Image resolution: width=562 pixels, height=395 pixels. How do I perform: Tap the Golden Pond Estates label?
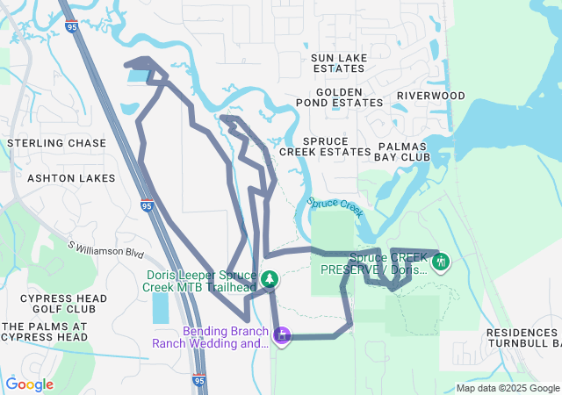pos(339,97)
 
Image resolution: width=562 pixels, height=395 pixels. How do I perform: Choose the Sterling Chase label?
pos(56,142)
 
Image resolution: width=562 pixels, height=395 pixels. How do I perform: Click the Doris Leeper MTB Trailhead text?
pos(201,280)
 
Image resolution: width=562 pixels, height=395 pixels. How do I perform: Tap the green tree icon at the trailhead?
pos(271,279)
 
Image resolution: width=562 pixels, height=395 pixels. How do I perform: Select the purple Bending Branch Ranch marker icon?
pos(282,334)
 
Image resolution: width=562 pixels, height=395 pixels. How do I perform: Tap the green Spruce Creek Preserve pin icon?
pos(441,261)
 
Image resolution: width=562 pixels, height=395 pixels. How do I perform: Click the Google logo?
pos(30,384)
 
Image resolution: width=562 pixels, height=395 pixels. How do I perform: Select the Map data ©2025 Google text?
pos(508,388)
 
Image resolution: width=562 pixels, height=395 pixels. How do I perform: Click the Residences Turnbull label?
pos(523,337)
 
